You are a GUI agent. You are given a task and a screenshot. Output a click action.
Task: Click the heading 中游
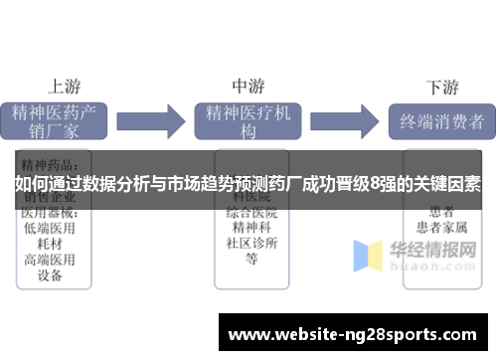click(x=248, y=86)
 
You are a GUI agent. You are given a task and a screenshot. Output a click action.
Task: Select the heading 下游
click(x=442, y=87)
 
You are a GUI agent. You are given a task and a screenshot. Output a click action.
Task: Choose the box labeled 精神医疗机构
click(x=248, y=120)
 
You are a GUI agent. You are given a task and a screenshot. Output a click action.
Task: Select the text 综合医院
click(x=251, y=213)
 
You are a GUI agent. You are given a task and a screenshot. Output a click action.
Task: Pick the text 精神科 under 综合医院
click(x=251, y=228)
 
